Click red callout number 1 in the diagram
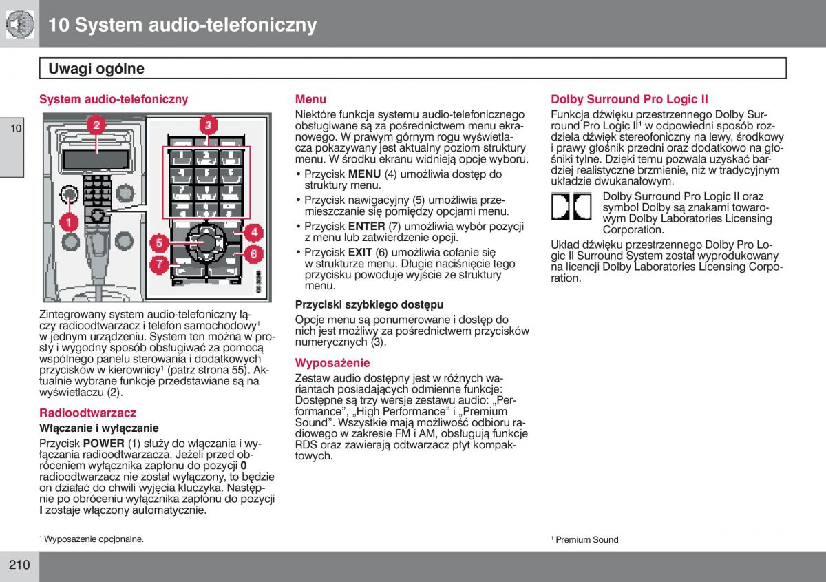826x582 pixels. point(69,222)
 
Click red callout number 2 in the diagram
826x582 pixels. point(96,125)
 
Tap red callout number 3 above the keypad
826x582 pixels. point(207,125)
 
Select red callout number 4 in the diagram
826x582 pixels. point(253,232)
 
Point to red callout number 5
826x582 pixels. point(158,242)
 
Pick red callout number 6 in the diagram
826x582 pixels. point(253,253)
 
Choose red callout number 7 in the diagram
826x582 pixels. point(158,263)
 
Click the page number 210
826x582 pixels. point(19,565)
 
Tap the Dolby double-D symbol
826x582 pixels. point(571,206)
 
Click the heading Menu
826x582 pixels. point(310,99)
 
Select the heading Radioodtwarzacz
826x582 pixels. point(87,413)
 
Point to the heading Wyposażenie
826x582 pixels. point(332,363)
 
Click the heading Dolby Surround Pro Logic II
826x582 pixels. point(629,99)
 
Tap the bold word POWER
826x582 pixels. point(103,444)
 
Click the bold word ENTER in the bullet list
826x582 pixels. point(366,226)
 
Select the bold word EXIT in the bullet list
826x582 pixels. point(360,252)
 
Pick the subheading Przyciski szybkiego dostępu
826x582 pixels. point(369,304)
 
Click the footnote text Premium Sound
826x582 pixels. point(586,540)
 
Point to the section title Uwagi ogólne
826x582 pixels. point(96,68)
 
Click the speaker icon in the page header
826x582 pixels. point(20,24)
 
